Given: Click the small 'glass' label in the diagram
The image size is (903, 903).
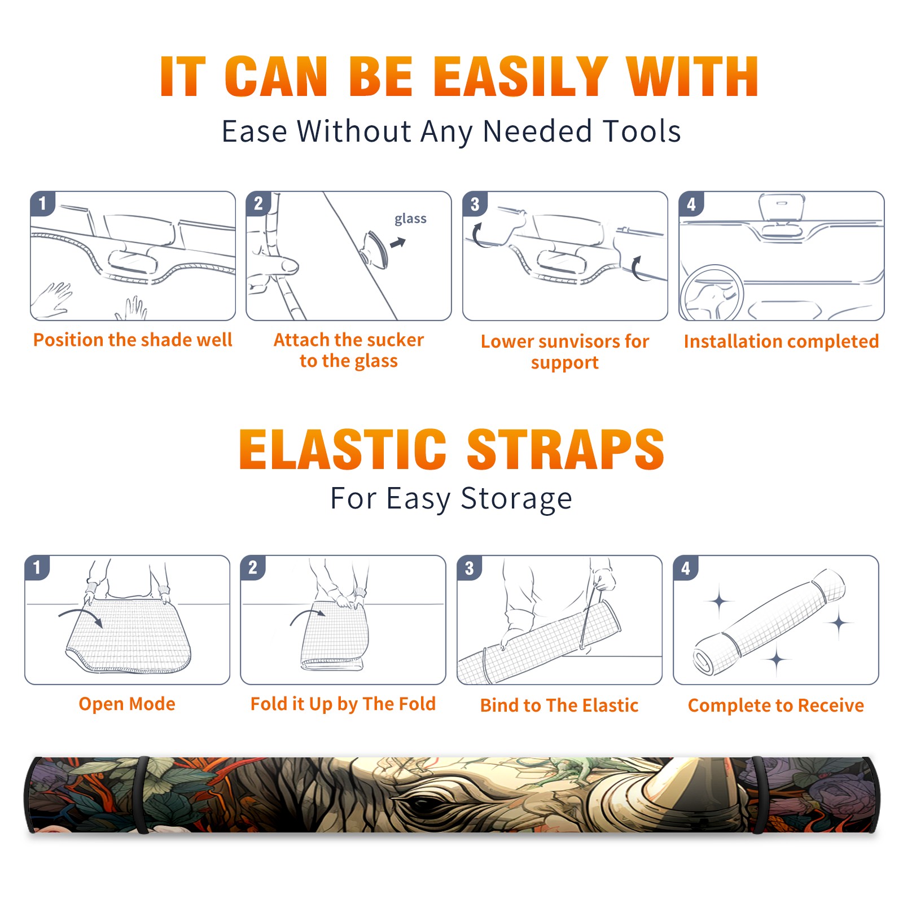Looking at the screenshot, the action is point(410,218).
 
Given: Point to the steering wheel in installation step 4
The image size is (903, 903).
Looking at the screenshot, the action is point(712,293).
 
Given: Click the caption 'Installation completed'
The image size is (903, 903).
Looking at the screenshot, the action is point(781,341).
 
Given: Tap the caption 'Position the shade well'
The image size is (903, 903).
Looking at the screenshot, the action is point(133,340).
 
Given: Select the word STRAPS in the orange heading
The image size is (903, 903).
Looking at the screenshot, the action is point(566,449).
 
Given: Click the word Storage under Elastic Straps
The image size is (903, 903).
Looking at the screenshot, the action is point(516,499).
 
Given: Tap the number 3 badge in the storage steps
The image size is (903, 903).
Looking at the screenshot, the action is point(469,568).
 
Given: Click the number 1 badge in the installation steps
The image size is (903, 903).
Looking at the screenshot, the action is point(42,203).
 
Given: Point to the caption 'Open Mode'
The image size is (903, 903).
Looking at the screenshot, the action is point(127,704).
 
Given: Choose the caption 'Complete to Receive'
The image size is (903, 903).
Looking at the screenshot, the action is point(776,705).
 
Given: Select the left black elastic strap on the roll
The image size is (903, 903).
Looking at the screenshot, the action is point(142,795).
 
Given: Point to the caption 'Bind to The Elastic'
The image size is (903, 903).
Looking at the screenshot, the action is point(559,705).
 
